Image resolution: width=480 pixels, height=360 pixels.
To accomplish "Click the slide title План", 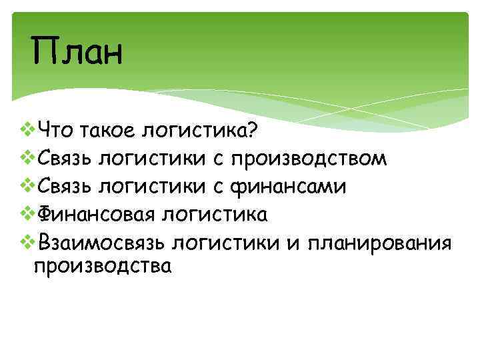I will (77, 53).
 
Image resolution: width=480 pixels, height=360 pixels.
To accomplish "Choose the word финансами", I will (288, 187).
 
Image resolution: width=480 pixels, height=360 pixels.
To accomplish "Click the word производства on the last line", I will (102, 267).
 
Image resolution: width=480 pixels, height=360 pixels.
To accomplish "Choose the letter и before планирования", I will (294, 243).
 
